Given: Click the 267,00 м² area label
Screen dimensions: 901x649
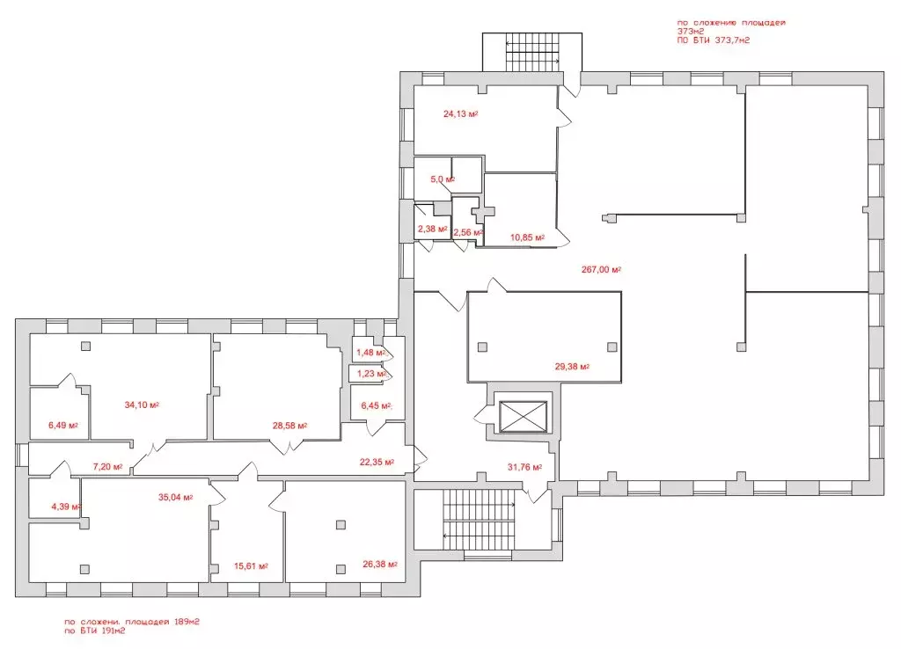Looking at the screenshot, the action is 601,269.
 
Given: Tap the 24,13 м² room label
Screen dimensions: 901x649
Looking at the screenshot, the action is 461,113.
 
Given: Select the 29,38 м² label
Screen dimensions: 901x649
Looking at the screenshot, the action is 572,366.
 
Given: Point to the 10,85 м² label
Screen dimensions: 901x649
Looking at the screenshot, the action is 528,237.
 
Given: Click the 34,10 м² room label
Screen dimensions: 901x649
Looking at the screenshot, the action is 142,405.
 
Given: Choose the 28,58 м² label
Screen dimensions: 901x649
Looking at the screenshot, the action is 289,426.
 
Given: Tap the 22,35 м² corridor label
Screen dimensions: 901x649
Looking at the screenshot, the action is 377,462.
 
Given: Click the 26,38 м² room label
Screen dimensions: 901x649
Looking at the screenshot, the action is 380,564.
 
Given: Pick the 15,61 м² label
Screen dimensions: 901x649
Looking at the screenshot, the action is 251,565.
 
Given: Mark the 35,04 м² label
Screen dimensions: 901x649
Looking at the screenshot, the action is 176,498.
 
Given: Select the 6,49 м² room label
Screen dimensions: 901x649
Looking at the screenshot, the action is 63,426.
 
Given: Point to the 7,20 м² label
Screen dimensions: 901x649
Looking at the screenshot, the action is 107,467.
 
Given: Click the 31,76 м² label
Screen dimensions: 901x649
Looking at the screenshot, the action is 524,467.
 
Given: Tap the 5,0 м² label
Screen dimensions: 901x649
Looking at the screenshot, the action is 443,179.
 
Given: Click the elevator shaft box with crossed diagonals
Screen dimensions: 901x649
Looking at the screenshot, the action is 523,416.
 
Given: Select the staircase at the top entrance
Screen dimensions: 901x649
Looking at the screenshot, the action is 532,52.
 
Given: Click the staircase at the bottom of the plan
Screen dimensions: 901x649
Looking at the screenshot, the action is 480,520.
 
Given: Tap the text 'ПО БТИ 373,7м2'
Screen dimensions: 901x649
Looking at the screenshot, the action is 713,40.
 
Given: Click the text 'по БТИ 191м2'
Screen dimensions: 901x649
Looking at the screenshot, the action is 95,631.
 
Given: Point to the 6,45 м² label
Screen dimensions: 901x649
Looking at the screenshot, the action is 377,405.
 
